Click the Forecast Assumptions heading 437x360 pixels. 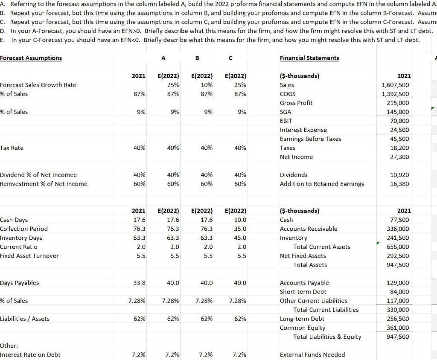pos(31,58)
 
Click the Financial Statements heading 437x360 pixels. pos(309,58)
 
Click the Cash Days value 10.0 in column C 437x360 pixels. pos(240,220)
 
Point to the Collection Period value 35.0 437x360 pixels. pos(240,229)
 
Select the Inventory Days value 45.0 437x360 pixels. pos(240,238)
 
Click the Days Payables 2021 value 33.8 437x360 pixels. pos(139,283)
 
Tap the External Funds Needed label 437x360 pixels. pos(312,355)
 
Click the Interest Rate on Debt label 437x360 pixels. pos(30,355)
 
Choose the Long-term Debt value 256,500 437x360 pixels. pos(399,319)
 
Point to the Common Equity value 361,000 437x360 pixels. pos(399,328)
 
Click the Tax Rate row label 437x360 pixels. pos(12,148)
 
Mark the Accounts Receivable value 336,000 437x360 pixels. pos(399,229)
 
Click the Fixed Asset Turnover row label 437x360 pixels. pos(29,256)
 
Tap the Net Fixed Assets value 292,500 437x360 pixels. pos(399,256)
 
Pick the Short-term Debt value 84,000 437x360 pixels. pos(400,292)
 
